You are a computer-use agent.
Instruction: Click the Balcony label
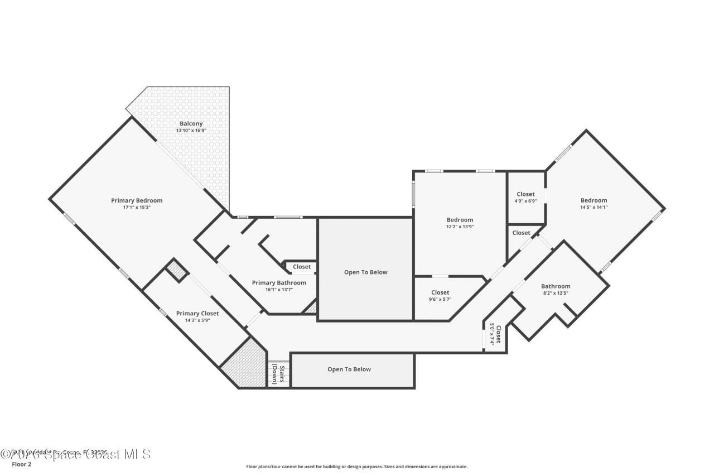(x=191, y=124)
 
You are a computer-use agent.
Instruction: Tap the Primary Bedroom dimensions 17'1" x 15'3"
(x=137, y=207)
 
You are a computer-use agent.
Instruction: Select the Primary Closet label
(x=197, y=314)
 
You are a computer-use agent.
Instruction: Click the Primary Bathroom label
(x=279, y=283)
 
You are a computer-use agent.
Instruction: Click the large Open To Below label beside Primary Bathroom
(x=365, y=272)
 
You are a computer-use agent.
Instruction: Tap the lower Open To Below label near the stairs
(x=349, y=369)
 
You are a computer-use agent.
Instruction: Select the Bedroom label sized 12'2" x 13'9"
(x=460, y=220)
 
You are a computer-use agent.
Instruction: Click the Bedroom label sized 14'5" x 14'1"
(x=594, y=200)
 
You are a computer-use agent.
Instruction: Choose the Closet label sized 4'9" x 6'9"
(x=525, y=194)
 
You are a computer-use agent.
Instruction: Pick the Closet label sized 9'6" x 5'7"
(x=440, y=292)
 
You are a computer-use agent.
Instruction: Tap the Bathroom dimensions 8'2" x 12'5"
(x=556, y=293)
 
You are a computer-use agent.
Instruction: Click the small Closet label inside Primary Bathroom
(x=302, y=267)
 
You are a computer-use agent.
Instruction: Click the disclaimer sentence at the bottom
(x=357, y=467)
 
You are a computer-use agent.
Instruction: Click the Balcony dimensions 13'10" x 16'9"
(x=191, y=131)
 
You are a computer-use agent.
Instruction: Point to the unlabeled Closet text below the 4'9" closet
(x=521, y=233)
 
